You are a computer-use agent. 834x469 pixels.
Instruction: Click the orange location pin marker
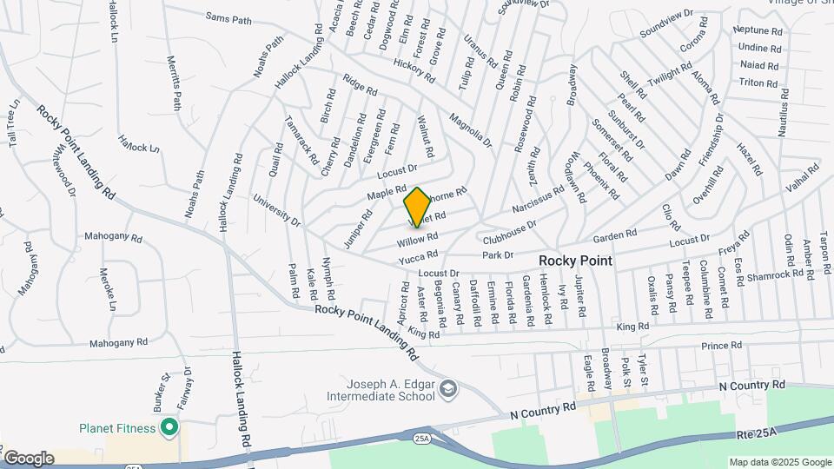[x=417, y=207]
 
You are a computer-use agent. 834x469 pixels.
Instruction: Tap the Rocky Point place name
[x=575, y=261]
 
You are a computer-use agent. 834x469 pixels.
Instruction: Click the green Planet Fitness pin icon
[x=169, y=428]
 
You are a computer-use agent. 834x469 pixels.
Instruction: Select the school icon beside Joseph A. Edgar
[x=447, y=386]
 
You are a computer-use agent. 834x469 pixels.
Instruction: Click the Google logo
[x=28, y=458]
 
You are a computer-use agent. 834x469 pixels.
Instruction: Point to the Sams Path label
[x=228, y=17]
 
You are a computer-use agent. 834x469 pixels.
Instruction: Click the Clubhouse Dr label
[x=510, y=230]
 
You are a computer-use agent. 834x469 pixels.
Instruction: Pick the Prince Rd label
[x=722, y=345]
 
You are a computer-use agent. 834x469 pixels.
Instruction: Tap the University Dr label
[x=277, y=211]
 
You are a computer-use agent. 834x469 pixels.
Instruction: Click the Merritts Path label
[x=174, y=83]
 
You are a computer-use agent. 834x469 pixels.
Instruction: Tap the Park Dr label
[x=498, y=255]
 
